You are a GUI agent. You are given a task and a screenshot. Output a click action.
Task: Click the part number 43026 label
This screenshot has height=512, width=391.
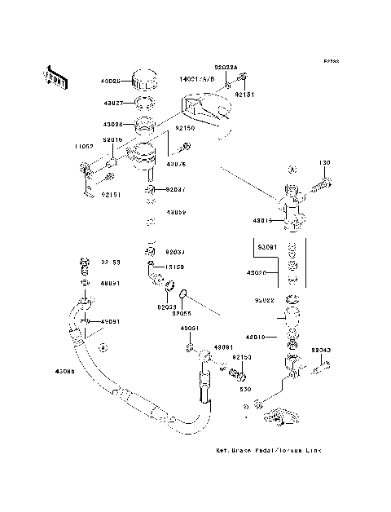(112, 82)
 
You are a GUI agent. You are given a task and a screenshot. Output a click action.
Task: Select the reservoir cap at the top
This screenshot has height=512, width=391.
(144, 79)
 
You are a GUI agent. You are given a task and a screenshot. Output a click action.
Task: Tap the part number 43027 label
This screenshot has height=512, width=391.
(113, 104)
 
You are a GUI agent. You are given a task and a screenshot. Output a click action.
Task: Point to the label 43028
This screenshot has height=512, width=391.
(112, 125)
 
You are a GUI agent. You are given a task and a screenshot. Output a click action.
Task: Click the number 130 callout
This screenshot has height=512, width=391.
(324, 163)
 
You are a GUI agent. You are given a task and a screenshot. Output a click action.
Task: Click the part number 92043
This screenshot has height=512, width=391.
(321, 350)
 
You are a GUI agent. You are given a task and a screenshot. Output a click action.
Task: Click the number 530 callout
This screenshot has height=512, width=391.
(244, 388)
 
